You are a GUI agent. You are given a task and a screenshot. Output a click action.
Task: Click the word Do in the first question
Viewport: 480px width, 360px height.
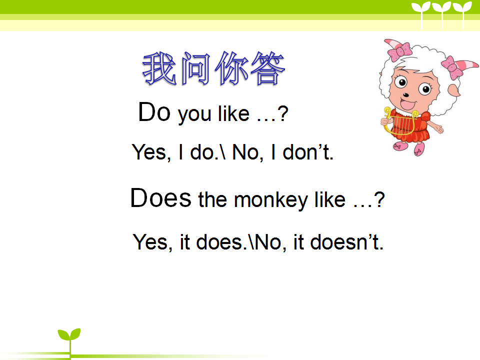(154, 112)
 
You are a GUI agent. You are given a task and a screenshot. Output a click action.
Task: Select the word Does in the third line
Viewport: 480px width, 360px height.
(161, 198)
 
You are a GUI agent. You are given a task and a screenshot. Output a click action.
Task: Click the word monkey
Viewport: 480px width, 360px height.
(271, 200)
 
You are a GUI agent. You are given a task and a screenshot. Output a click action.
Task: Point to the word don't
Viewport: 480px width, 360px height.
(307, 152)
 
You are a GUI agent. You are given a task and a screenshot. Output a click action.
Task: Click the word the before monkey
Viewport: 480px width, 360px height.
(212, 199)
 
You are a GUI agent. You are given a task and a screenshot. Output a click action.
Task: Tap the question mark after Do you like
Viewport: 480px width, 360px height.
(283, 113)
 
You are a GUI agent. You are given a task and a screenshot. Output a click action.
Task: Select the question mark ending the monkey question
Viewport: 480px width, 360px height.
(379, 199)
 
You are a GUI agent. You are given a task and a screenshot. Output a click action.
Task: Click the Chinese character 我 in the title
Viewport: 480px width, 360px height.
(159, 68)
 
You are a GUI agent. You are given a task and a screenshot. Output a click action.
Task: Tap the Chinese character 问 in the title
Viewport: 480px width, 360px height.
(196, 68)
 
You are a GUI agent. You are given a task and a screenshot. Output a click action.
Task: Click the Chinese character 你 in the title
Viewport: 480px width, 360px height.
(231, 68)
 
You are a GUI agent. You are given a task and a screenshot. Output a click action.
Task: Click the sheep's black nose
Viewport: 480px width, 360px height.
(406, 95)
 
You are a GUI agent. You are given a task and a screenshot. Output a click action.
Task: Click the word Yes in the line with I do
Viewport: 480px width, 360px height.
(149, 152)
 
